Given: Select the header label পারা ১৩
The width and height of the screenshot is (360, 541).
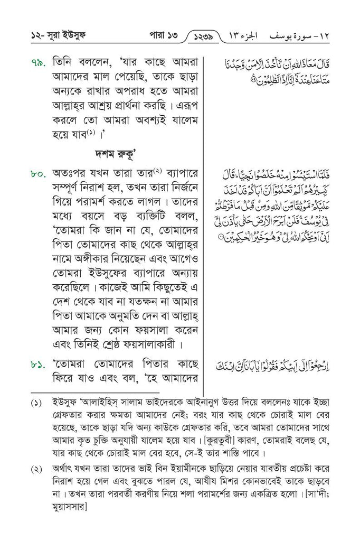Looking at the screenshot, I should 160,38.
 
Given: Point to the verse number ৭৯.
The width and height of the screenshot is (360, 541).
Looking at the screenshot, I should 39,64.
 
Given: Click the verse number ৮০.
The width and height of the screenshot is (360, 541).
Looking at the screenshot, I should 39,173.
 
